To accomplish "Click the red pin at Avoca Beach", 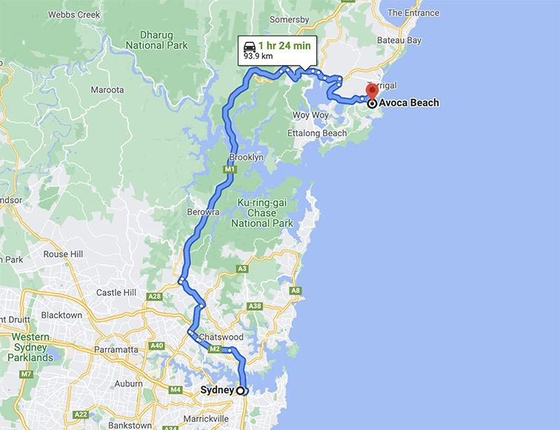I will [x=372, y=93].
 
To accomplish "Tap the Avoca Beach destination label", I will [x=408, y=103].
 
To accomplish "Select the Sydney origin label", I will [x=217, y=390].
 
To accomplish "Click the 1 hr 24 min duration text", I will [x=284, y=46].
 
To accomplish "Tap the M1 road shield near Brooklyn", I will [x=230, y=169].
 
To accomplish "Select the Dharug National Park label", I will [x=156, y=39].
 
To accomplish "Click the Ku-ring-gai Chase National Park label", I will [x=262, y=213].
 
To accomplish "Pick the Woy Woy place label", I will [x=310, y=115].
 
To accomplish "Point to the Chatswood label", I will [x=221, y=337].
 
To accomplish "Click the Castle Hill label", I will [x=116, y=293].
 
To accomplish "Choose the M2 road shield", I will [x=216, y=349].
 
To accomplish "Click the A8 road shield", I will [x=296, y=290].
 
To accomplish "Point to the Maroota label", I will [x=107, y=90].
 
